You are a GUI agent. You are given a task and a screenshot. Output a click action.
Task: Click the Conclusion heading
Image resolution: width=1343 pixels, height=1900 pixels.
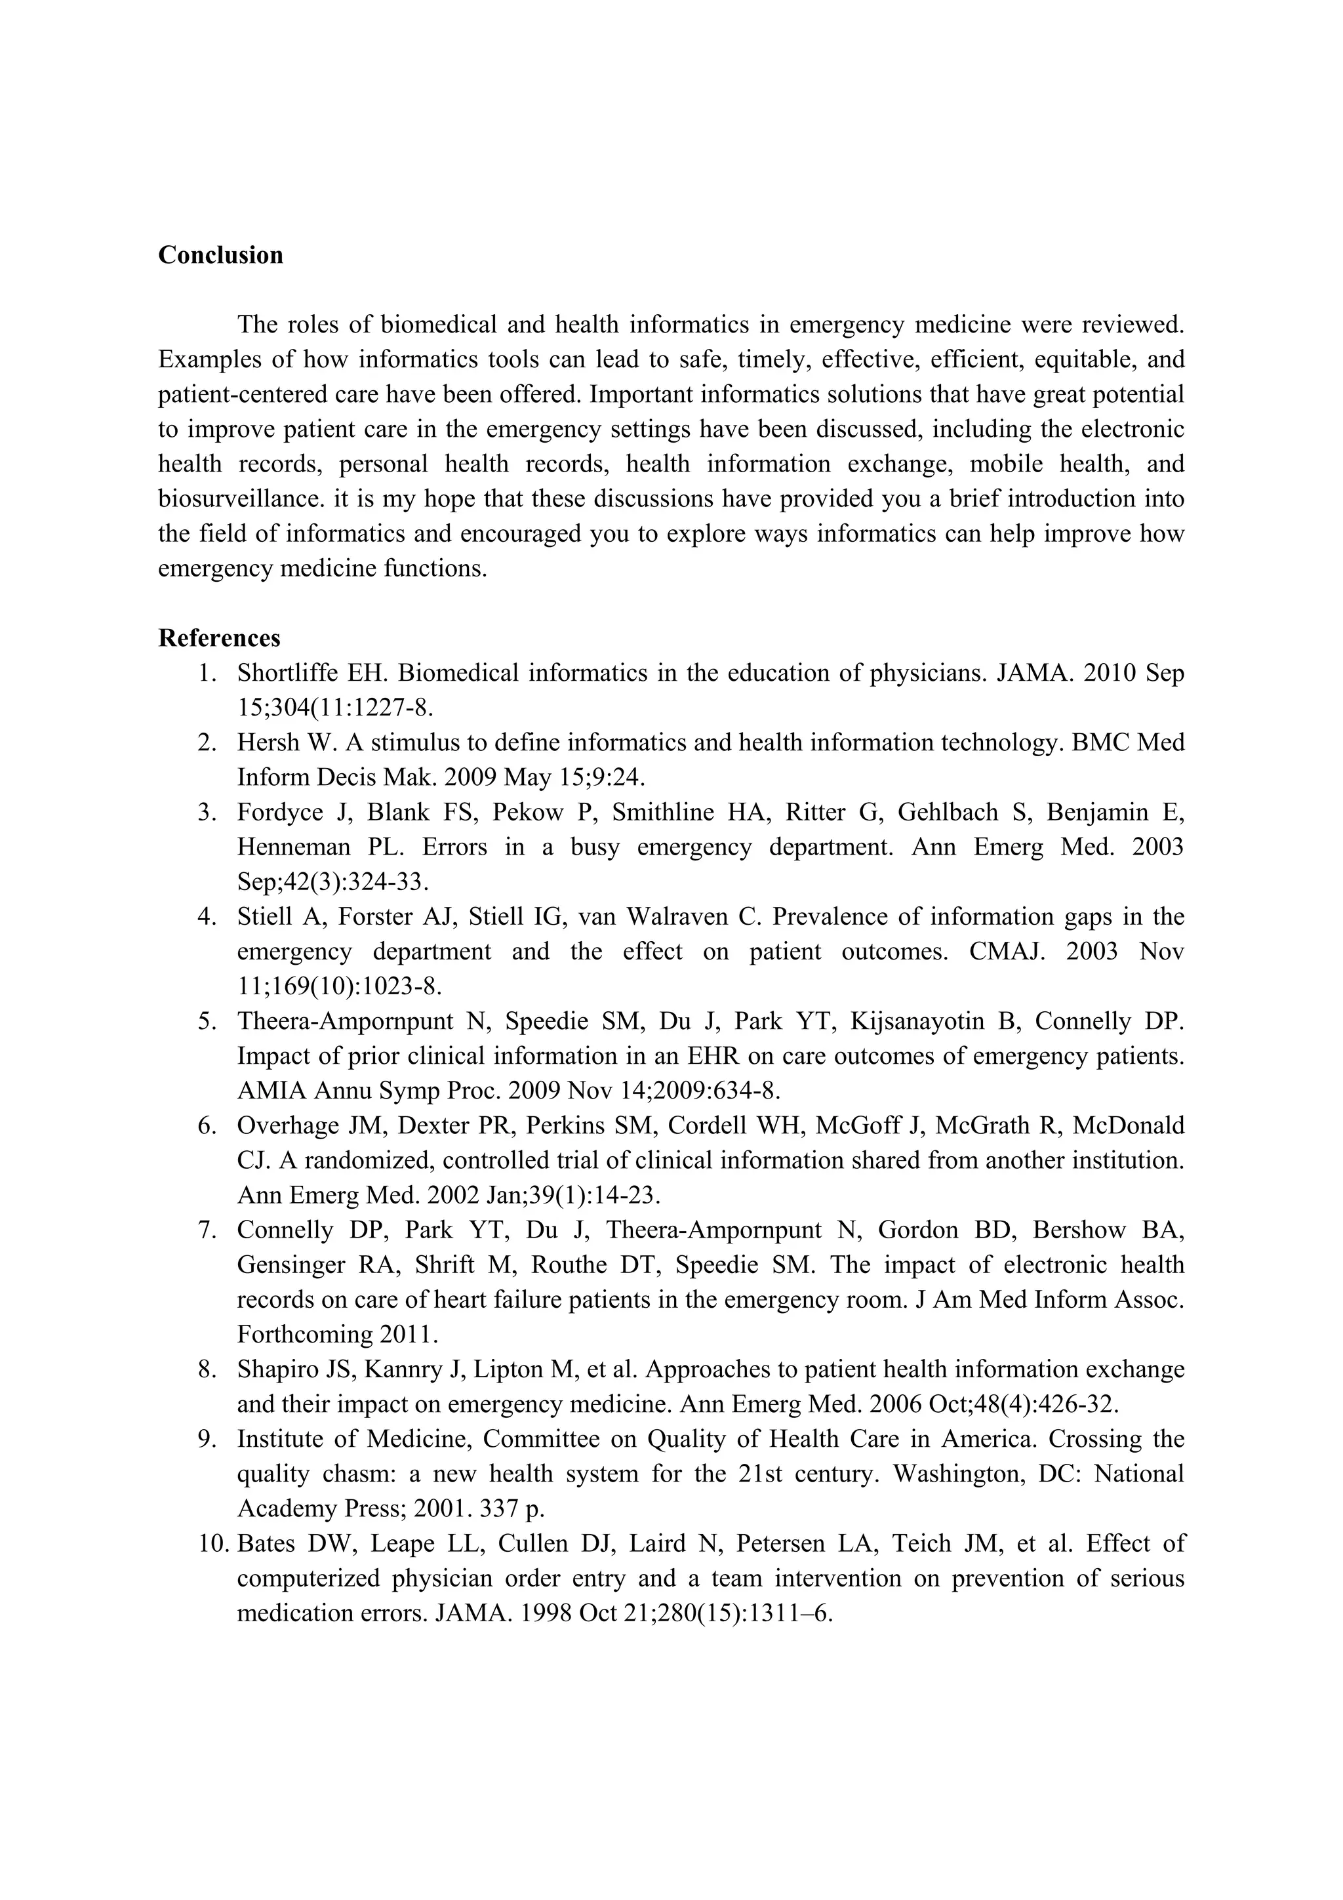[x=220, y=255]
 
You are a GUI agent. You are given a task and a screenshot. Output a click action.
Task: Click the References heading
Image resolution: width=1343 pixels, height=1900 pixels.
[x=219, y=638]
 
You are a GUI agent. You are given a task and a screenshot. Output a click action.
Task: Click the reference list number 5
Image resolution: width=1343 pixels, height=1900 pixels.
[x=206, y=1021]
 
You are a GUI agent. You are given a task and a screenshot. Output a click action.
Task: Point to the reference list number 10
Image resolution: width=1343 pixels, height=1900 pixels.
[x=212, y=1543]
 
